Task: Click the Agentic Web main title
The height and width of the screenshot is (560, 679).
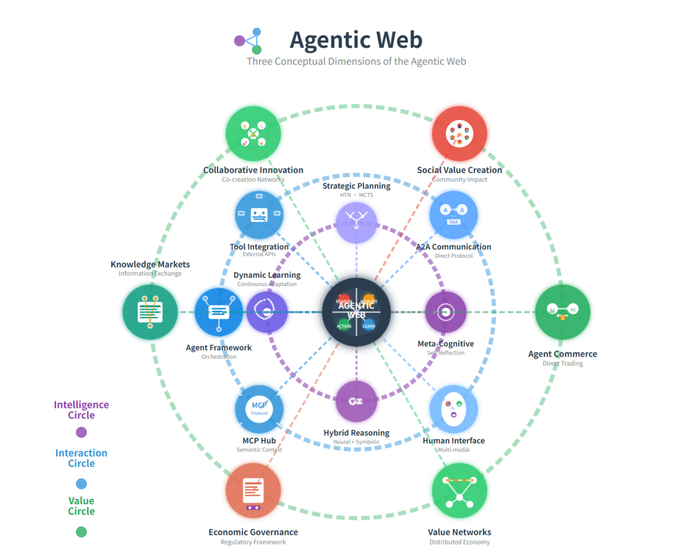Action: [356, 40]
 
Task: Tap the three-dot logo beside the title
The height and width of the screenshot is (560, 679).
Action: [249, 41]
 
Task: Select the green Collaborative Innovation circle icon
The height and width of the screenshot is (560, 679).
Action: [253, 133]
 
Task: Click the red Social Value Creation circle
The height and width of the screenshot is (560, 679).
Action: [459, 133]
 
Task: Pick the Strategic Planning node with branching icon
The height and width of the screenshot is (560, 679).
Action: [356, 222]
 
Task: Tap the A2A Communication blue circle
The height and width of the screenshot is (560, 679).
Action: [453, 215]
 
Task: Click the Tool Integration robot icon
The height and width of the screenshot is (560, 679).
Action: [259, 215]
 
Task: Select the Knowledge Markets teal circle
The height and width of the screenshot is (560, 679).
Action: [150, 312]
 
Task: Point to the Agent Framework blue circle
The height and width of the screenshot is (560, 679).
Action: [219, 312]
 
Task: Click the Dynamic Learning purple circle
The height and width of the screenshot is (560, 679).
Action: [267, 312]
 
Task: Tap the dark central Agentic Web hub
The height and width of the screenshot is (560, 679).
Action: [356, 312]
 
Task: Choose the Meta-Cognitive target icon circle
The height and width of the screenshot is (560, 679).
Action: [445, 312]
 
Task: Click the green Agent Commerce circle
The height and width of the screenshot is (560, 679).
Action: [562, 312]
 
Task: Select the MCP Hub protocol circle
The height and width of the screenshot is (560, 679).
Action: [259, 409]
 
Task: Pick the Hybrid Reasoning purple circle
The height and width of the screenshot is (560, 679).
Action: [356, 401]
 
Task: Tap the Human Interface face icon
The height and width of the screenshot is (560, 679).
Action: [453, 409]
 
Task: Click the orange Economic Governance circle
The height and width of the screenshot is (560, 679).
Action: [253, 490]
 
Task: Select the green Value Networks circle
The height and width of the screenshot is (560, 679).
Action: [459, 490]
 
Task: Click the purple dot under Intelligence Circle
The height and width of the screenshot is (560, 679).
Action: [82, 432]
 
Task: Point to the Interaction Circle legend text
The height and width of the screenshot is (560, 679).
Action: [82, 458]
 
